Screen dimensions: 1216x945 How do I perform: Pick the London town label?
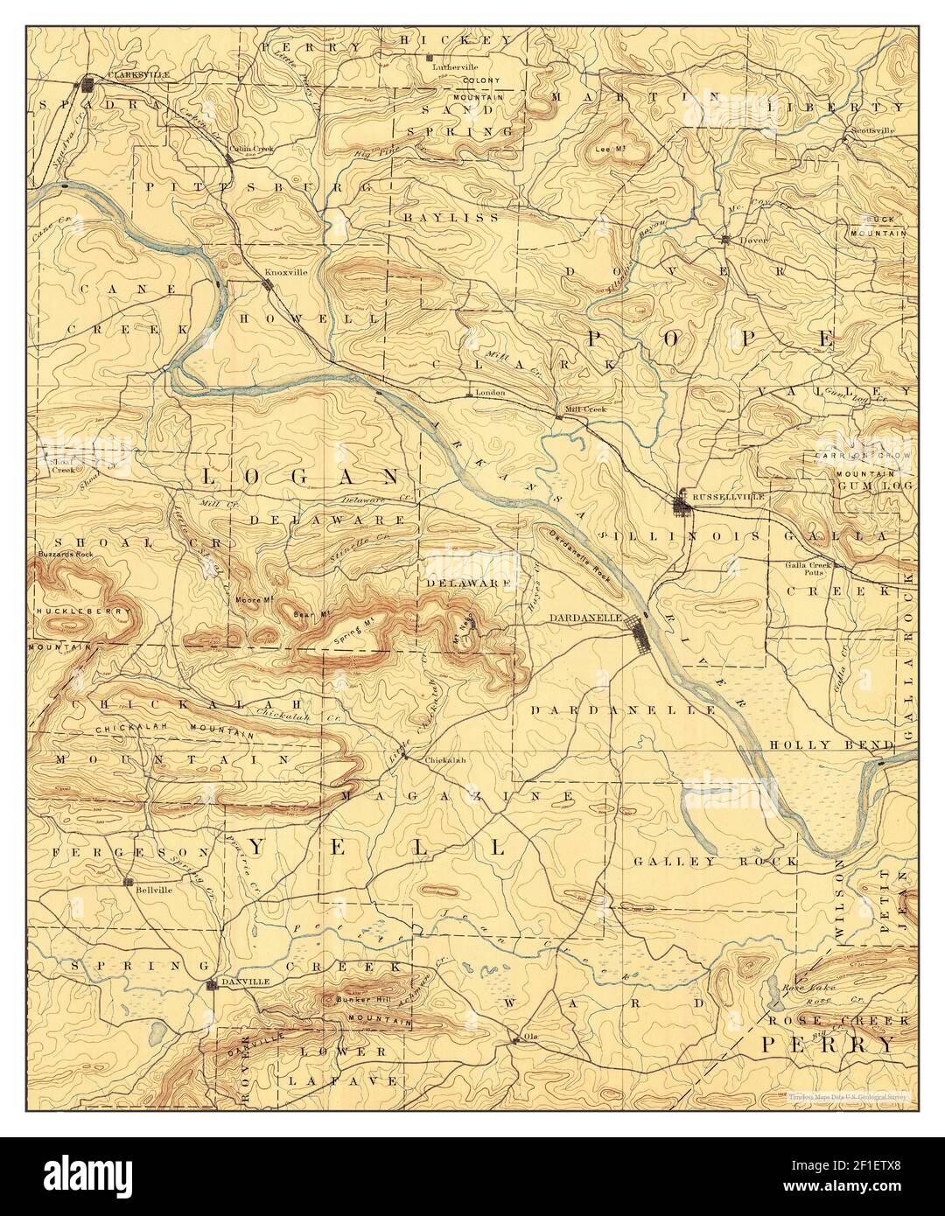[x=491, y=393]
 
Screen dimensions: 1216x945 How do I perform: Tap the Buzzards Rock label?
[x=66, y=556]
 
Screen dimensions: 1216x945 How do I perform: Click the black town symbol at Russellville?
[x=681, y=504]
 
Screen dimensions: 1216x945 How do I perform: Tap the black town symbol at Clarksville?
[x=87, y=85]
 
